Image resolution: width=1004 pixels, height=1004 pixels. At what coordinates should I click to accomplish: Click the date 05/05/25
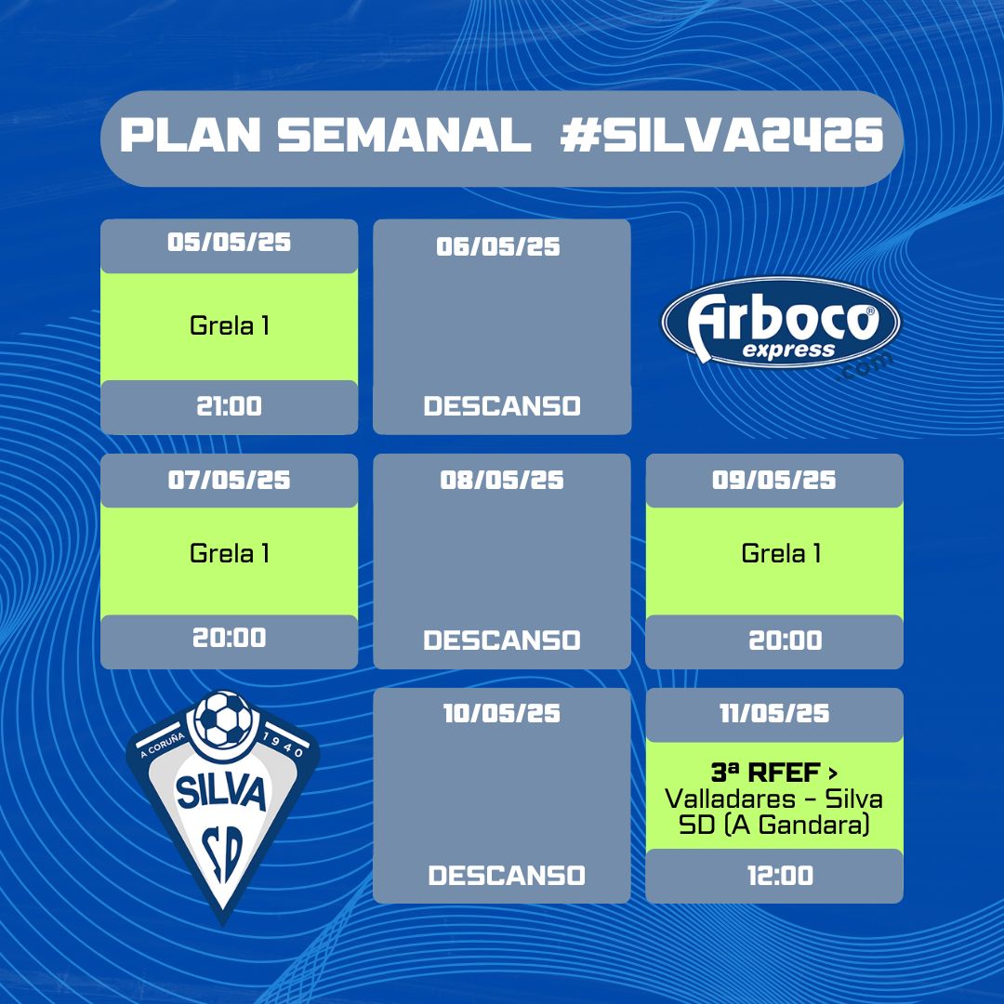(230, 242)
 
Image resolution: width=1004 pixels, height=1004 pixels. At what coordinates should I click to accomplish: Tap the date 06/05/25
(498, 246)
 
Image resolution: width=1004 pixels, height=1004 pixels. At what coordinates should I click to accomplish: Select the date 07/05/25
(230, 481)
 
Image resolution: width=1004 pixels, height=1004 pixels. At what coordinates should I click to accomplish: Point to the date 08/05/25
(502, 481)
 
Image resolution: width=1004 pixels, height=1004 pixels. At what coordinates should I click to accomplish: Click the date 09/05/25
(774, 481)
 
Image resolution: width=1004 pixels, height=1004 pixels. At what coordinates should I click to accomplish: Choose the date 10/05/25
(502, 713)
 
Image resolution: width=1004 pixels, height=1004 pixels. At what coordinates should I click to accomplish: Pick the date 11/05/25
(774, 713)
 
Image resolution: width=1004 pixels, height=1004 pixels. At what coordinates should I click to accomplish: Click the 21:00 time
(230, 406)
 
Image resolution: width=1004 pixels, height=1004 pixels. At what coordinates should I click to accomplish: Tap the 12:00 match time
(781, 876)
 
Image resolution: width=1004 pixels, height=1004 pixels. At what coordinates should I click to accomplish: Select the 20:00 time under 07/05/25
(230, 638)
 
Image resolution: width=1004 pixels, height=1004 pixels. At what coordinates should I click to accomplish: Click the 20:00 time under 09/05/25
(786, 641)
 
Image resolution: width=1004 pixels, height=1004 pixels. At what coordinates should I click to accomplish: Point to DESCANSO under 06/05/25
(502, 406)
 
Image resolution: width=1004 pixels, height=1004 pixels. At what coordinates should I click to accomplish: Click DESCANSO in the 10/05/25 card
(507, 876)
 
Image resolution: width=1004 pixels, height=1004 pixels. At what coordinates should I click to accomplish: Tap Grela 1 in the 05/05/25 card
(230, 326)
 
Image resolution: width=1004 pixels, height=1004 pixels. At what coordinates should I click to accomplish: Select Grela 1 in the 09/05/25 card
(781, 553)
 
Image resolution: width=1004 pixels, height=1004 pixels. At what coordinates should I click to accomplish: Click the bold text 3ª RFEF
(766, 773)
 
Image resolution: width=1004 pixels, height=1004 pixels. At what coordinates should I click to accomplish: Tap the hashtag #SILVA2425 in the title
(722, 135)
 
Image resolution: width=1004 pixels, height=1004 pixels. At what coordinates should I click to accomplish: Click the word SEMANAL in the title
(404, 135)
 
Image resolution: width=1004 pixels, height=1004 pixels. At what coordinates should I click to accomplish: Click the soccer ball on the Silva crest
(223, 719)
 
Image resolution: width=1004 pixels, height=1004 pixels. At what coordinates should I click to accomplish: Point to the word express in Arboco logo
(789, 350)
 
